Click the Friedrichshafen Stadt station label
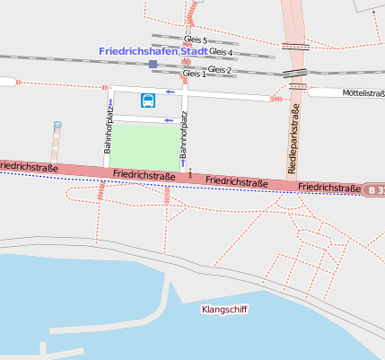[153, 51]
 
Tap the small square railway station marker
[153, 65]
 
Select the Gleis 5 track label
[195, 40]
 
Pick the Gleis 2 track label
[219, 69]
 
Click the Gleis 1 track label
[194, 74]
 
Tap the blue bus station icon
[147, 100]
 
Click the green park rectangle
[144, 145]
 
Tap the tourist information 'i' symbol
[189, 172]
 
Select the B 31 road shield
[375, 189]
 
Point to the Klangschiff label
[225, 309]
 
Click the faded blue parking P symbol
[57, 127]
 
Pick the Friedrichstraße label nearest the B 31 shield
[329, 187]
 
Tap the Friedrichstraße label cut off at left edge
[22, 167]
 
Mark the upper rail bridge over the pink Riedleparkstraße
[295, 46]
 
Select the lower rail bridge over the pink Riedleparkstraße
[295, 75]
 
